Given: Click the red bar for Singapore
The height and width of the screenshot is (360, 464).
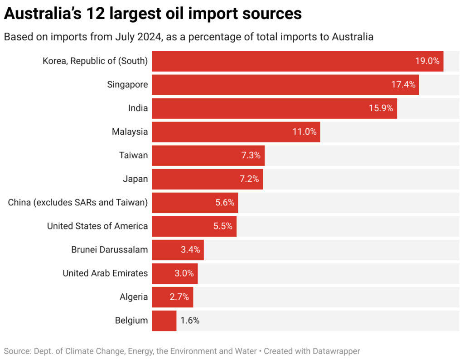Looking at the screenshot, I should click(272, 85).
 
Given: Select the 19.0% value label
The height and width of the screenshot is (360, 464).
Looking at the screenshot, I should click(427, 61).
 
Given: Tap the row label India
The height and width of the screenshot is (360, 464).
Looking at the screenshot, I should click(138, 108).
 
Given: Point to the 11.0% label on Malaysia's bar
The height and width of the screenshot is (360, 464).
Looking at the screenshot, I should click(304, 132).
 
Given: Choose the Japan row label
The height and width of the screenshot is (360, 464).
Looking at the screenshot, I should click(135, 179).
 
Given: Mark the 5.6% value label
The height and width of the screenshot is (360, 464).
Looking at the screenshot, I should click(225, 203).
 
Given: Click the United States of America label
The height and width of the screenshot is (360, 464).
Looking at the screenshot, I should click(97, 226).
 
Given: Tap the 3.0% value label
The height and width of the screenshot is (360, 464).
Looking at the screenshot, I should click(184, 273).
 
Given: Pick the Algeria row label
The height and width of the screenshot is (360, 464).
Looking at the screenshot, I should click(134, 297).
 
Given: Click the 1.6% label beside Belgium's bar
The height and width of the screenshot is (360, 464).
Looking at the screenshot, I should click(190, 321).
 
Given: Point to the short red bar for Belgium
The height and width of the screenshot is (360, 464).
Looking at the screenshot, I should click(164, 321).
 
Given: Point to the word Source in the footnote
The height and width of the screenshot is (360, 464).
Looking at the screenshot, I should click(17, 351).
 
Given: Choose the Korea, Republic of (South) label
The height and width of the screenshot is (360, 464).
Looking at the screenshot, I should click(95, 61).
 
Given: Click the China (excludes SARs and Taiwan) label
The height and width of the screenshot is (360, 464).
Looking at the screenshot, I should click(78, 203).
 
